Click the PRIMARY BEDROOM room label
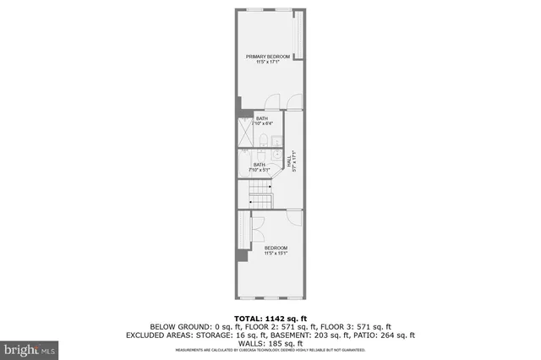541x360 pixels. click(x=268, y=57)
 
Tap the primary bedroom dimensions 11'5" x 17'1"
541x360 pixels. click(x=268, y=63)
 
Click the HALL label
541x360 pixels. click(x=289, y=158)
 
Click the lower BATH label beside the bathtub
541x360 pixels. click(x=260, y=165)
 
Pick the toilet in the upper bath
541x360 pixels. click(x=264, y=139)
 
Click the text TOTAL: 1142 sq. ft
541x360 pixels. click(x=270, y=319)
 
